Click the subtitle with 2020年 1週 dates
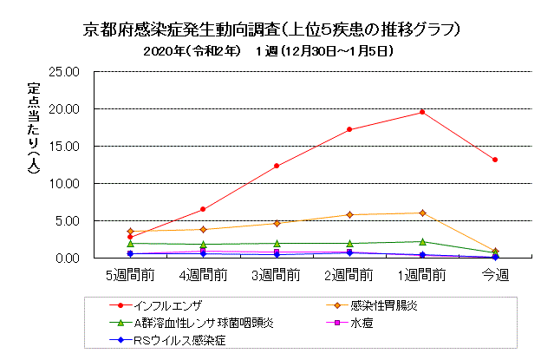pyautogui.click(x=270, y=51)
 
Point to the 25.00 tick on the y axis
pyautogui.click(x=67, y=72)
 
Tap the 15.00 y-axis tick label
pyautogui.click(x=67, y=147)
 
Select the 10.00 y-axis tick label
pyautogui.click(x=67, y=184)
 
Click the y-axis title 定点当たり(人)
pyautogui.click(x=33, y=130)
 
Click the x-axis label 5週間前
pyautogui.click(x=130, y=274)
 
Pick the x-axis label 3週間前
pyautogui.click(x=276, y=274)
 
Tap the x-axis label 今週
pyautogui.click(x=494, y=274)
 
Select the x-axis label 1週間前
pyautogui.click(x=421, y=274)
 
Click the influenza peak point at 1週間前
pyautogui.click(x=421, y=112)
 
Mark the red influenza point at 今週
pyautogui.click(x=494, y=160)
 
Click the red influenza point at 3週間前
pyautogui.click(x=276, y=166)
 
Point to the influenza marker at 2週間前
pyautogui.click(x=349, y=129)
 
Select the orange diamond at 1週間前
pyautogui.click(x=421, y=213)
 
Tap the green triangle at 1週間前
pyautogui.click(x=421, y=241)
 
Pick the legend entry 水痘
pyautogui.click(x=362, y=323)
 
